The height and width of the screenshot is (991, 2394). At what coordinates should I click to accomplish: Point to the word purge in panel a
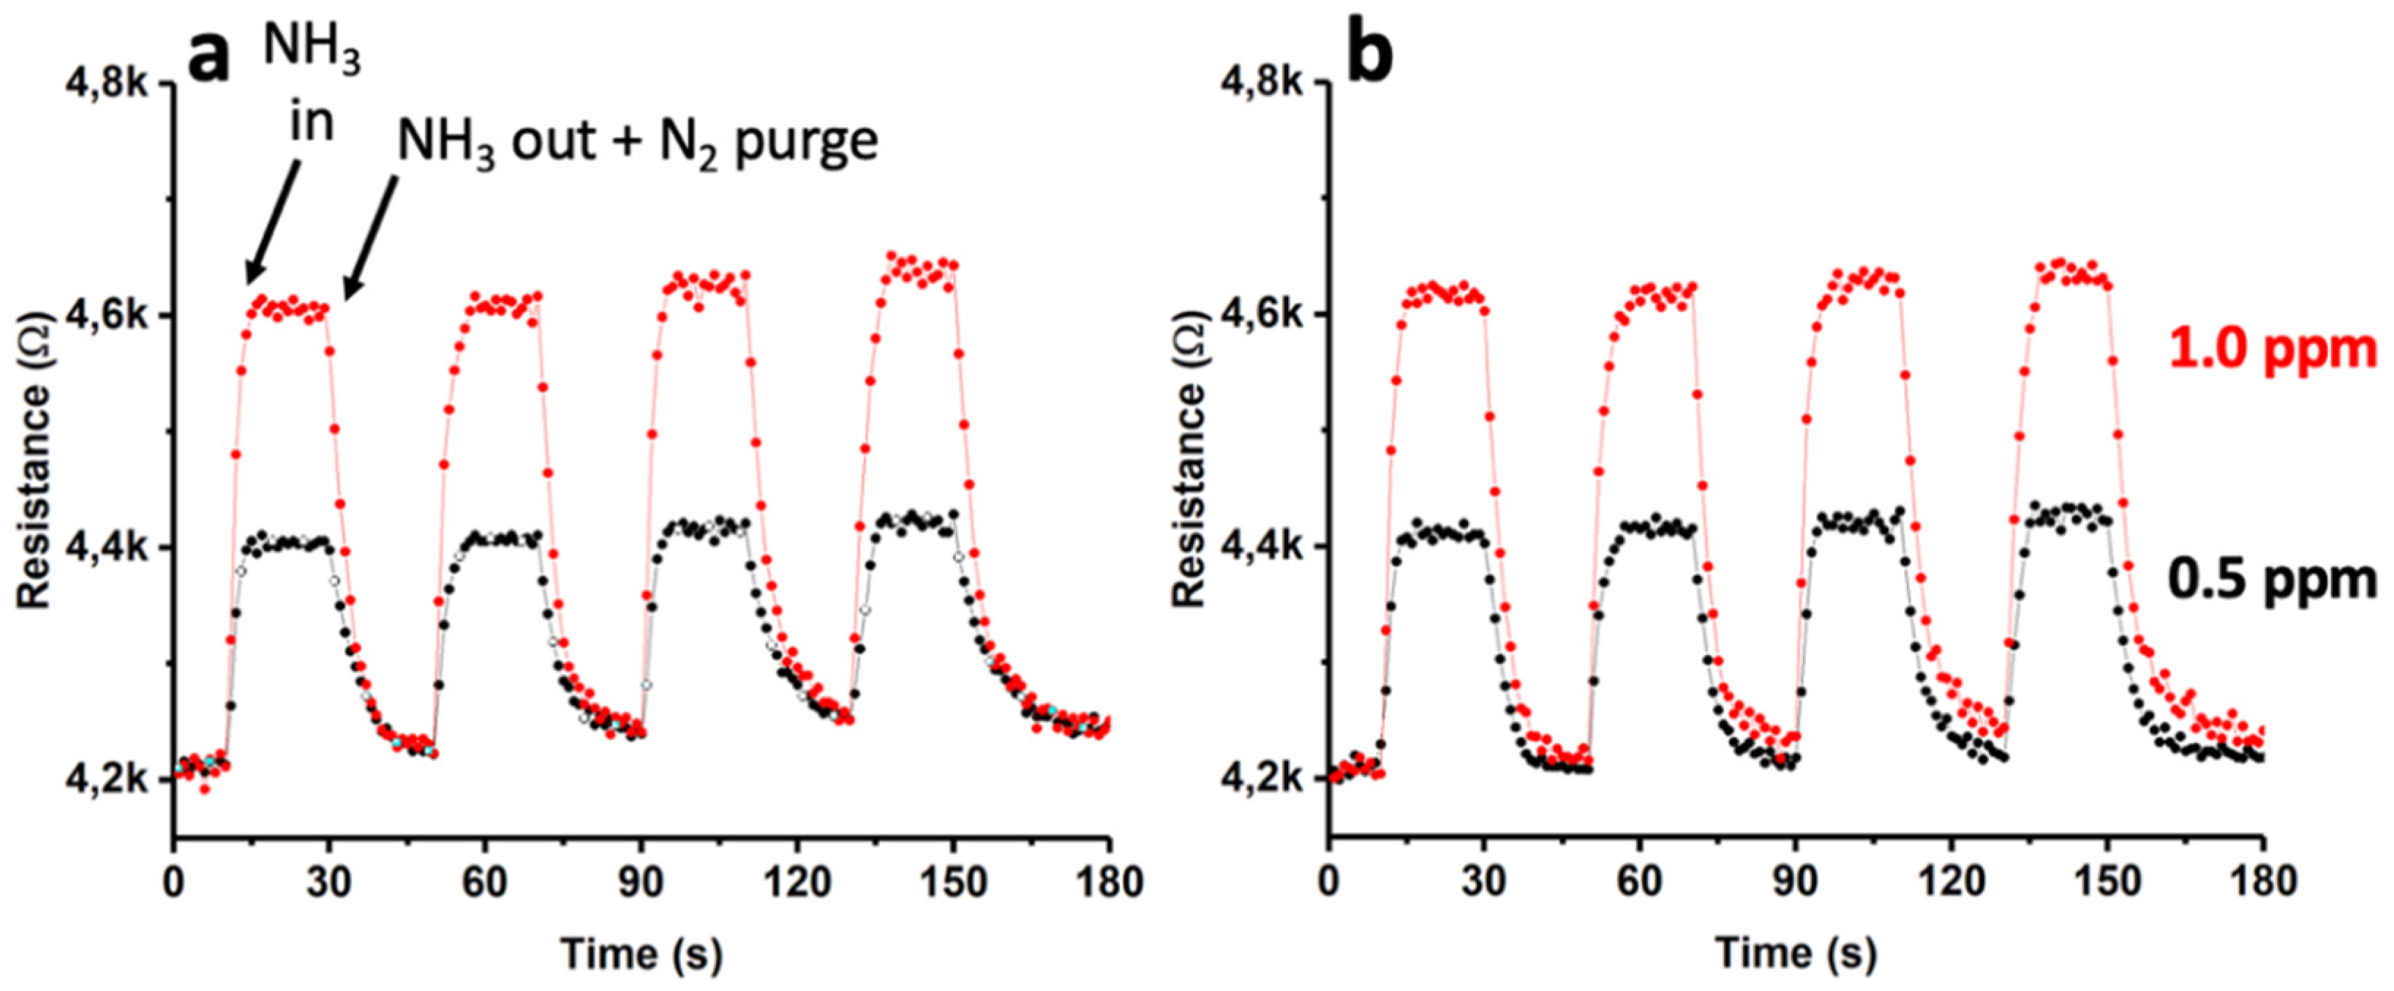pyautogui.click(x=806, y=142)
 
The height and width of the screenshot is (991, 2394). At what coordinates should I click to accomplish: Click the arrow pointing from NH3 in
pyautogui.click(x=272, y=223)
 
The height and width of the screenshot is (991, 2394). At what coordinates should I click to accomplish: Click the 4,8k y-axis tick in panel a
pyautogui.click(x=106, y=83)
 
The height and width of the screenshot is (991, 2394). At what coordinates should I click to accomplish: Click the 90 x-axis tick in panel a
pyautogui.click(x=641, y=881)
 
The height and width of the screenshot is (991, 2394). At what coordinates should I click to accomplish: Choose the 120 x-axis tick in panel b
pyautogui.click(x=1951, y=881)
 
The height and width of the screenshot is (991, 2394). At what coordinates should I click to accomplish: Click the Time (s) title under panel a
pyautogui.click(x=641, y=954)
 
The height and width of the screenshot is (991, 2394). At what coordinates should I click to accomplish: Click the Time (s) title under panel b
pyautogui.click(x=1796, y=954)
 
